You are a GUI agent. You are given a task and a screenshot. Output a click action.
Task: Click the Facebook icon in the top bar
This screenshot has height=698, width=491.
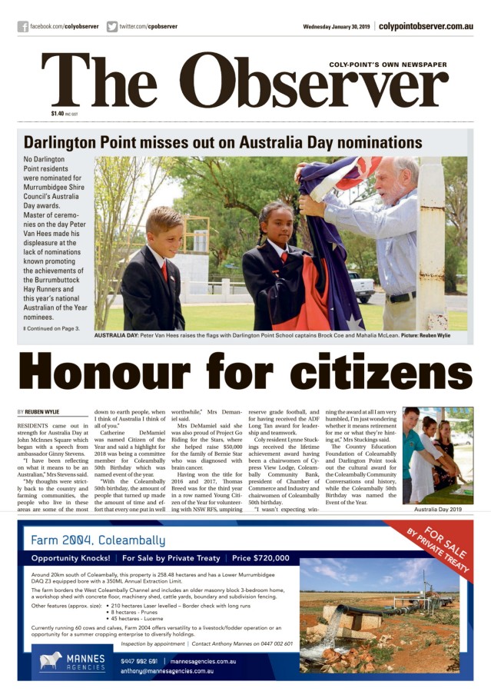tap(23, 26)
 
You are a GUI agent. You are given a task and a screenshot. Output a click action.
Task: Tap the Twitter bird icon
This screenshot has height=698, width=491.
tap(112, 26)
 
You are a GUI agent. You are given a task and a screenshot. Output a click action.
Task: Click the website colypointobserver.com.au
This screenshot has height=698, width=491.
tap(426, 26)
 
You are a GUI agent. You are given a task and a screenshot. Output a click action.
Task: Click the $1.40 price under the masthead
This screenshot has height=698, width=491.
tap(58, 114)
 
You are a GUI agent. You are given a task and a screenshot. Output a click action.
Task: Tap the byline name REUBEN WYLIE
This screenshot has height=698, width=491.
tap(43, 412)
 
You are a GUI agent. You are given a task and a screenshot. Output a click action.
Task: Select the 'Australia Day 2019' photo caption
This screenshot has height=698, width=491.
tap(437, 510)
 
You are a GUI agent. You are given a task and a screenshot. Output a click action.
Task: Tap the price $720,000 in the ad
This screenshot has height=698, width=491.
tap(260, 558)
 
